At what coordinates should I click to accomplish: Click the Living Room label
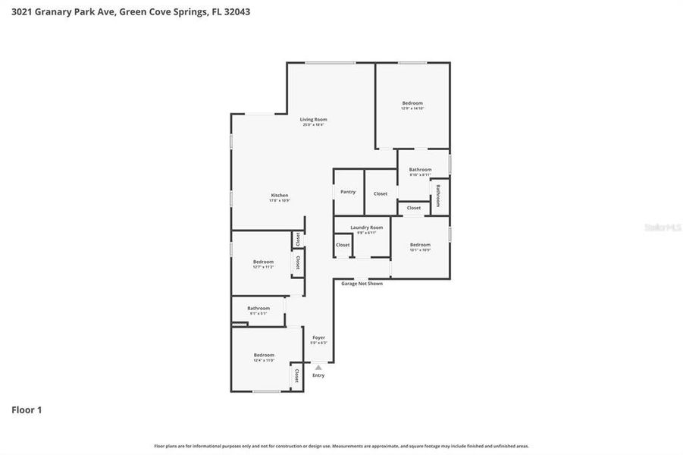click(x=313, y=119)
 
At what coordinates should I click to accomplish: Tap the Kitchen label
click(x=279, y=195)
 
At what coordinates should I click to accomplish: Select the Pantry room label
click(x=348, y=192)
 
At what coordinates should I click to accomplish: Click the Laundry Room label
click(x=366, y=227)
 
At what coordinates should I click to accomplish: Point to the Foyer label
click(x=318, y=337)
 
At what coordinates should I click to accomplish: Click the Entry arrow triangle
click(x=318, y=368)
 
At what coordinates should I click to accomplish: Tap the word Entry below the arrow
click(x=318, y=375)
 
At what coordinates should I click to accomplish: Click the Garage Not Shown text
click(x=362, y=284)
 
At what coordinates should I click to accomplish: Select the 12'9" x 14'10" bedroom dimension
click(x=412, y=108)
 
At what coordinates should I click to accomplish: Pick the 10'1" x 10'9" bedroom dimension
click(x=420, y=250)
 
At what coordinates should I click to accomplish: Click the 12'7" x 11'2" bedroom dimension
click(x=263, y=267)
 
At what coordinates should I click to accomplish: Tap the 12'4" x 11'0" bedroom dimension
click(x=264, y=360)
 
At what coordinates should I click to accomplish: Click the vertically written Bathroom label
click(x=438, y=196)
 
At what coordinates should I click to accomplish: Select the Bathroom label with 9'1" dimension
click(x=258, y=308)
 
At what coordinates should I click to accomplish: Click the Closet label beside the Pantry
click(x=381, y=193)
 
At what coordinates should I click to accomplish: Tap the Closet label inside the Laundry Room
click(x=343, y=245)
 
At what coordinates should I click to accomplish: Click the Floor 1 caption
click(x=27, y=409)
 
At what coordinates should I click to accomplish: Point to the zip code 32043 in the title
click(x=235, y=11)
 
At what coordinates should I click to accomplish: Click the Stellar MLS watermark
click(x=663, y=227)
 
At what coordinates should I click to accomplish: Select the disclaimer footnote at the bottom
click(x=341, y=446)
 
